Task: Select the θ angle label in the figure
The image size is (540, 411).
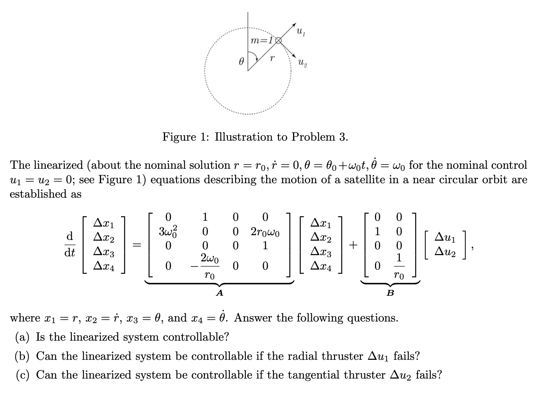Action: coord(242,61)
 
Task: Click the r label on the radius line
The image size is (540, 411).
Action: coord(273,58)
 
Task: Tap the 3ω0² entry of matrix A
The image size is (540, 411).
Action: coord(169,231)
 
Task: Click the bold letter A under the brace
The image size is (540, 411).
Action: coord(220,293)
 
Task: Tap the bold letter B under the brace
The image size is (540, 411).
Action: coord(390,293)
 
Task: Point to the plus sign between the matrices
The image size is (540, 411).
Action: coord(353,245)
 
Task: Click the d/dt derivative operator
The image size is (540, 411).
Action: coord(70,245)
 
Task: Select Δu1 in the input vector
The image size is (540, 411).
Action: coord(444,237)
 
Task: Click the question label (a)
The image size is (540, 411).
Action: coord(23,337)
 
